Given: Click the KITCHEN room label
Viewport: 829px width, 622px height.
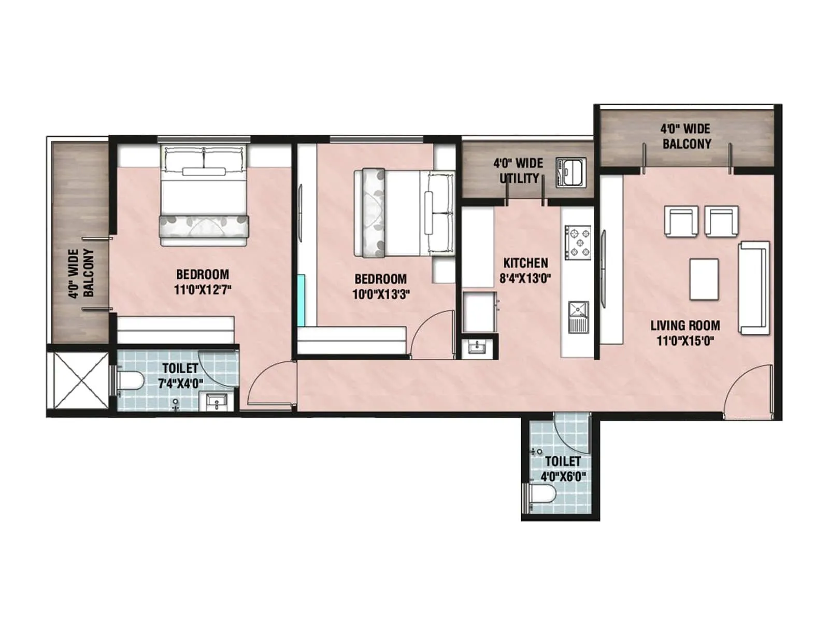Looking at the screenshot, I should tap(525, 263).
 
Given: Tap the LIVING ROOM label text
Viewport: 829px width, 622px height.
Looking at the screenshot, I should tap(685, 326).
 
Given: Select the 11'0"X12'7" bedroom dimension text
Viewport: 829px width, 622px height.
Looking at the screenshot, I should tap(202, 289).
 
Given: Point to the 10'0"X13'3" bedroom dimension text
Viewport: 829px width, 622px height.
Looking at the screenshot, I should tap(381, 294).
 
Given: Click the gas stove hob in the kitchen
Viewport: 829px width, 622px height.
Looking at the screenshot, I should tap(578, 242).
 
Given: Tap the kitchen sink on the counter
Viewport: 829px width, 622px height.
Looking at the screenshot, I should tap(578, 316).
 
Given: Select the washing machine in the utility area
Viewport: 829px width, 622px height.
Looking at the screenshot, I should tap(571, 172).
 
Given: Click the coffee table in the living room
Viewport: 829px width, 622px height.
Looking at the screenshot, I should tap(704, 279).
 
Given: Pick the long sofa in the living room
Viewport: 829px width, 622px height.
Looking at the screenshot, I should tap(753, 288).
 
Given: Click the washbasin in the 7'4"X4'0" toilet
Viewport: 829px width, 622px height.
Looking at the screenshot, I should tap(217, 402).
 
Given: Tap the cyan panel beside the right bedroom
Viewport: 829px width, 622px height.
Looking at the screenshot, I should tap(301, 301).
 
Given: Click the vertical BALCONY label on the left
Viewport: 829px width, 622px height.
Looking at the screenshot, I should tap(81, 274).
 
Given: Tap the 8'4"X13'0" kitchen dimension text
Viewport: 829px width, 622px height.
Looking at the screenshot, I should tap(525, 278).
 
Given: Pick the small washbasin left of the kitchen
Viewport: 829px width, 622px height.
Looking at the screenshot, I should tap(477, 347).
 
